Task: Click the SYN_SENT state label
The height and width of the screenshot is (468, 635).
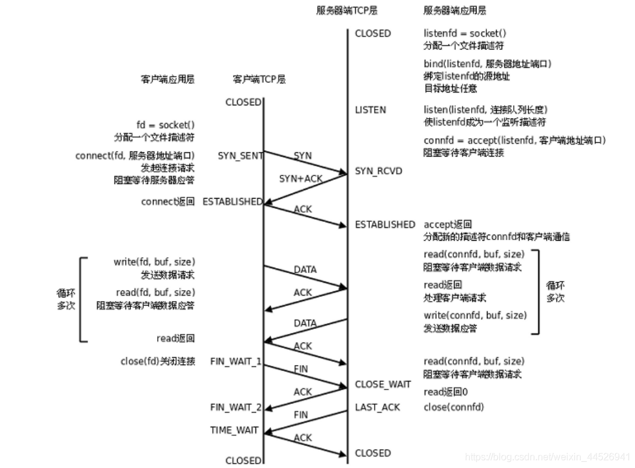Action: click(240, 155)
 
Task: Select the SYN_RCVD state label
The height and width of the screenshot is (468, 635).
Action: click(378, 171)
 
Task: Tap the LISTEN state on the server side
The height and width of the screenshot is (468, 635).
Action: click(370, 110)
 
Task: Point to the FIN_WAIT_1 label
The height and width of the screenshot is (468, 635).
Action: click(236, 361)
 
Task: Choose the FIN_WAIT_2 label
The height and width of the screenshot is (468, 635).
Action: click(236, 407)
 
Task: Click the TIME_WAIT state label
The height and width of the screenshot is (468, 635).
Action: click(234, 430)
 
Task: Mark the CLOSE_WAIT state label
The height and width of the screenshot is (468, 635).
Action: click(383, 385)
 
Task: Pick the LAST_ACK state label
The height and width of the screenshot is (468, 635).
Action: click(377, 407)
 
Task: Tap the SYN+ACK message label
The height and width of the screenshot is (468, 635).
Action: click(300, 179)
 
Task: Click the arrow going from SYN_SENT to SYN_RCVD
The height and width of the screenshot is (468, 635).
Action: click(305, 162)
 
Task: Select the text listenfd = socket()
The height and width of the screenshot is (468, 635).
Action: click(465, 34)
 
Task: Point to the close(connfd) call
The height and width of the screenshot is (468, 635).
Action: click(453, 407)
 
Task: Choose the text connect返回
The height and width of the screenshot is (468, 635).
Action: click(168, 201)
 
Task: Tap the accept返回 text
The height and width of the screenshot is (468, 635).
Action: click(447, 224)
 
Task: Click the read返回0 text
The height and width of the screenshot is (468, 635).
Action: click(446, 392)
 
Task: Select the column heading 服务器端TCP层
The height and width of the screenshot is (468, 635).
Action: click(344, 10)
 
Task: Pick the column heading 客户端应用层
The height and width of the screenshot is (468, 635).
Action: click(168, 79)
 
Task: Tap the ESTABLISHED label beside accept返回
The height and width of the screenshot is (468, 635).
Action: click(385, 224)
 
